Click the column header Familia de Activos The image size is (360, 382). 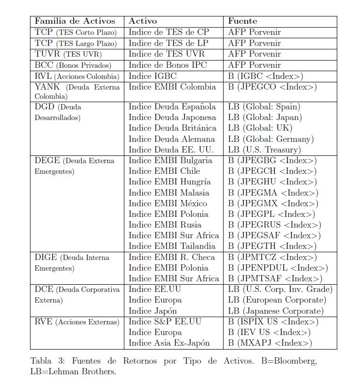click(x=75, y=21)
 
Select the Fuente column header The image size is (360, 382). click(x=242, y=21)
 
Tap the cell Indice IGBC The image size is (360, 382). click(x=152, y=76)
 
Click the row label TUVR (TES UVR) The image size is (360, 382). click(x=71, y=54)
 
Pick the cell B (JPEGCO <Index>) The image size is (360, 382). click(x=272, y=87)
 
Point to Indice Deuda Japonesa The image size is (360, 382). click(x=172, y=117)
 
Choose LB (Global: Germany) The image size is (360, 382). click(x=271, y=139)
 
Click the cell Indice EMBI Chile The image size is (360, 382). click(x=164, y=171)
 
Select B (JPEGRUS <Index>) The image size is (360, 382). click(x=274, y=225)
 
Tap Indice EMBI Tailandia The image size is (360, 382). click(x=172, y=246)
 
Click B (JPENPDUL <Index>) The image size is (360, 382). click(x=278, y=268)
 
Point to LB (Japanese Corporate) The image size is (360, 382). click(x=275, y=311)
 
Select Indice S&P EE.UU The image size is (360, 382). click(x=165, y=322)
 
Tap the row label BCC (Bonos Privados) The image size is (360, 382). click(x=73, y=65)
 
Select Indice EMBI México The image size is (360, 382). click(x=167, y=203)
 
